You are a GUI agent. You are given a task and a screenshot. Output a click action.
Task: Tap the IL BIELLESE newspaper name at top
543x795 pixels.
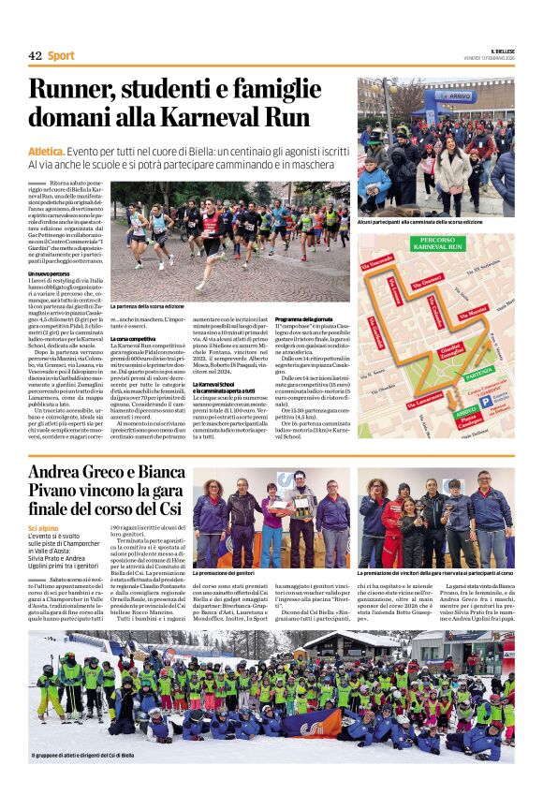click(x=500, y=50)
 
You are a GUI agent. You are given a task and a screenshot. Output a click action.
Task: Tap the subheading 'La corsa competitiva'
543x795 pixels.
click(x=137, y=338)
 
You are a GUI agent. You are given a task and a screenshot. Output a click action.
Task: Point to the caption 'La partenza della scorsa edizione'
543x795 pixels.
click(x=147, y=306)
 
